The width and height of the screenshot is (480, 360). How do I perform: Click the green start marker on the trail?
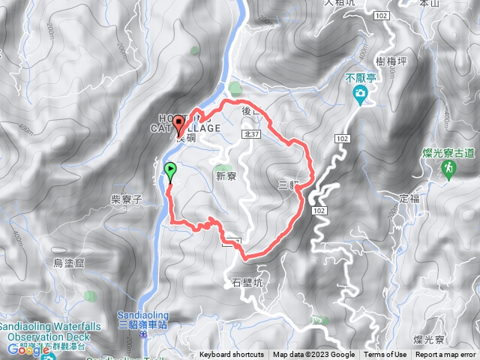[170, 170]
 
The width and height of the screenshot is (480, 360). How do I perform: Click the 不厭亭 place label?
[360, 76]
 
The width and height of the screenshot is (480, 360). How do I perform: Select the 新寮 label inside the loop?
[226, 177]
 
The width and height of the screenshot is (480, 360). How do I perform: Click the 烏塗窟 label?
[70, 262]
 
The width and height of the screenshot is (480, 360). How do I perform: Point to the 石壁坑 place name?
[244, 283]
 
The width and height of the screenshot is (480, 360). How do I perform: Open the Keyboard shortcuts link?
[232, 355]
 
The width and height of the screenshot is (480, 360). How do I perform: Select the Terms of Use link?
[385, 355]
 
